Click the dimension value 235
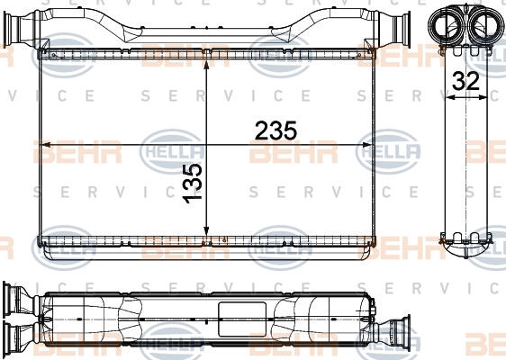[x=276, y=130]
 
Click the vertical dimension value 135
[x=193, y=184]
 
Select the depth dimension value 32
[x=465, y=81]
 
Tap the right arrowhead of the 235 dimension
[x=367, y=145]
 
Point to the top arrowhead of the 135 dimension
[x=206, y=64]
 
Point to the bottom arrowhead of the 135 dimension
[x=206, y=231]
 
